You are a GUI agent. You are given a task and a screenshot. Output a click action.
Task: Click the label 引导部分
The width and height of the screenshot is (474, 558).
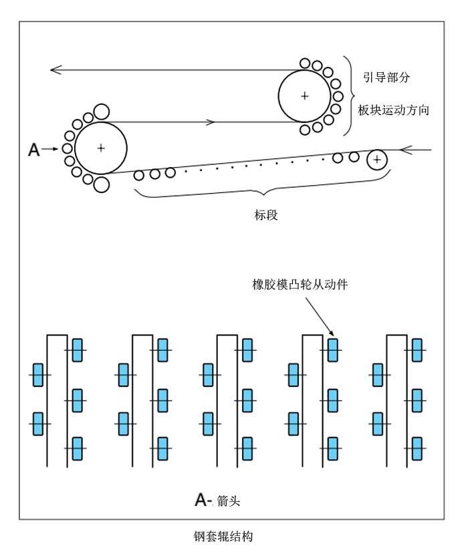point(386,78)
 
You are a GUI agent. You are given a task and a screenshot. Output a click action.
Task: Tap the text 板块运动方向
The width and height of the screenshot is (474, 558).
point(393,110)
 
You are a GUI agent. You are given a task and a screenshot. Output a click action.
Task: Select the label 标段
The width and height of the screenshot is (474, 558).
point(265,215)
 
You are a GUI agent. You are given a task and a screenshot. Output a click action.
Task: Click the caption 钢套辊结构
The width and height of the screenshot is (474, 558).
point(223,536)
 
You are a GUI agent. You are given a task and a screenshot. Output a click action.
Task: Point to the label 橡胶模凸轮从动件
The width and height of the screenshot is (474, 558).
point(295,284)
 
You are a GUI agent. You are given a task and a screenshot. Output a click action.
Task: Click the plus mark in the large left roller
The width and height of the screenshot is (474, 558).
point(100,148)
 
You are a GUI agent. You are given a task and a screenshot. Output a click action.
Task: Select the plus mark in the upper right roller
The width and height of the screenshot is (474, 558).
point(304,96)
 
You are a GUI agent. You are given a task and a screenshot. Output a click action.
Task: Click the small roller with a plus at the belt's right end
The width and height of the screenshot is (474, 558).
point(378,159)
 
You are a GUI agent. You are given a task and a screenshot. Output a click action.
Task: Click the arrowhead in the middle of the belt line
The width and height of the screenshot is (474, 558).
point(211,122)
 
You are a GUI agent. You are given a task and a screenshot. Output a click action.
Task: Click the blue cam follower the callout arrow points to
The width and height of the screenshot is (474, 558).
point(333,350)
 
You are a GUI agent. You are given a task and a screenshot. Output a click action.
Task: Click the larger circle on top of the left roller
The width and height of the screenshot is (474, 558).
point(101,112)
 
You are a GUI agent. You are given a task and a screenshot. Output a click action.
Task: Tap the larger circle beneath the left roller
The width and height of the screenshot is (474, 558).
point(101,184)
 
